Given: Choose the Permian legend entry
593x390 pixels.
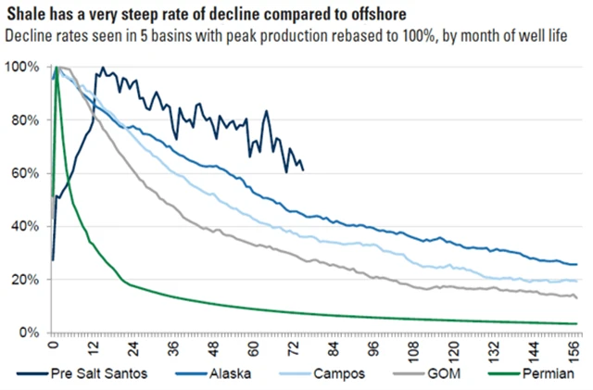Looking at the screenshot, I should pyautogui.click(x=556, y=374).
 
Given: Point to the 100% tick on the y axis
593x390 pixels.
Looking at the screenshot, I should pyautogui.click(x=22, y=68).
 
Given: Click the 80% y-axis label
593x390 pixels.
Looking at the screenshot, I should pyautogui.click(x=25, y=120).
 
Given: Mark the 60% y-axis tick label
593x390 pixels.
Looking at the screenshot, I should pyautogui.click(x=25, y=173).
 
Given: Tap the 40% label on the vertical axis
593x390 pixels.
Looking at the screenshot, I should pyautogui.click(x=25, y=227).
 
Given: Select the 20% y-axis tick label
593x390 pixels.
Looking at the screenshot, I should pyautogui.click(x=25, y=280).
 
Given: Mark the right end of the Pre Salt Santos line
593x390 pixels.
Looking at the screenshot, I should pyautogui.click(x=303, y=170).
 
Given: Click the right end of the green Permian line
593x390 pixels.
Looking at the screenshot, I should pyautogui.click(x=578, y=323).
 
